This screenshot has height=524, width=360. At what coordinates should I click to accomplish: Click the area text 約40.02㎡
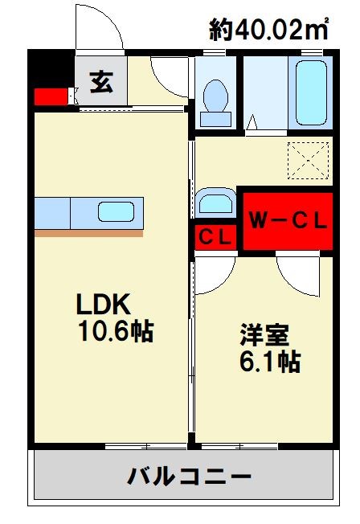269,30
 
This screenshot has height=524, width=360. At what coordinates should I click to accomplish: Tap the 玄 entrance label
101,84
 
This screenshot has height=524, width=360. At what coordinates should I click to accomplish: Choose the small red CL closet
215,237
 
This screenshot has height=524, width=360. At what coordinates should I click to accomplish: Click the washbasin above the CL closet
215,202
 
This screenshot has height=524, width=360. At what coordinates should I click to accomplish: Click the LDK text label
103,304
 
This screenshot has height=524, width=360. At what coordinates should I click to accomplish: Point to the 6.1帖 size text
268,362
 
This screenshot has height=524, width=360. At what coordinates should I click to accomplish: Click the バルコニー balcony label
190,477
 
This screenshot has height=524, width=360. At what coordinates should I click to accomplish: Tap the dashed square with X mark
309,160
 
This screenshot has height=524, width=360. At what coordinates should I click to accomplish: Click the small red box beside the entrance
51,97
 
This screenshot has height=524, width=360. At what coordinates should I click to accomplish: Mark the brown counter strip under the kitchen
88,233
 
